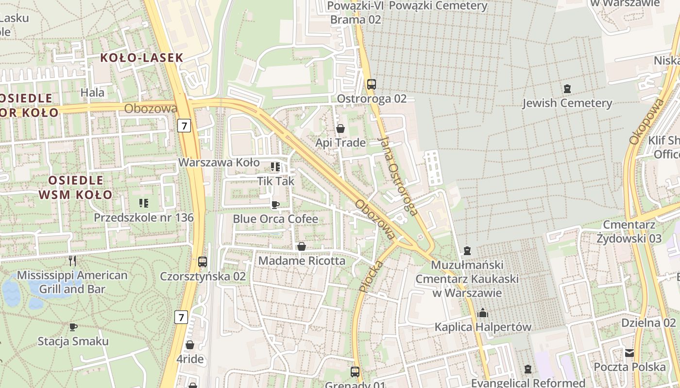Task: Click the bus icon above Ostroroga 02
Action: pyautogui.click(x=372, y=84)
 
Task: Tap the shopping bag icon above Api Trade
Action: pyautogui.click(x=340, y=129)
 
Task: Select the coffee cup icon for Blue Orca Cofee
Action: pyautogui.click(x=275, y=205)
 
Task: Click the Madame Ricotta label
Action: pyautogui.click(x=302, y=260)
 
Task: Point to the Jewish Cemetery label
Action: pyautogui.click(x=567, y=103)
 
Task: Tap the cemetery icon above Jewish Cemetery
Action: pyautogui.click(x=567, y=89)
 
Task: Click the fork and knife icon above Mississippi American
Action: pyautogui.click(x=72, y=261)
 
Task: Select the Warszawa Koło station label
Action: pyautogui.click(x=219, y=162)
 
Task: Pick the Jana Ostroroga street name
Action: pyautogui.click(x=397, y=176)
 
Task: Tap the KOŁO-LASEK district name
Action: pyautogui.click(x=142, y=58)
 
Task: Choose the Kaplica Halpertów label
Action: pyautogui.click(x=483, y=327)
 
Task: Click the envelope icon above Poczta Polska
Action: pyautogui.click(x=629, y=353)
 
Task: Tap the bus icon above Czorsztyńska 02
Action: pyautogui.click(x=203, y=262)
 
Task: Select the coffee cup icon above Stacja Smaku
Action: pyautogui.click(x=73, y=327)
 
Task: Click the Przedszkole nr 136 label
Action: pyautogui.click(x=144, y=217)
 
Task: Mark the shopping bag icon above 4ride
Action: pyautogui.click(x=190, y=345)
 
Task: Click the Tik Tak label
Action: pyautogui.click(x=276, y=181)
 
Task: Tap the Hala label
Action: pyautogui.click(x=92, y=92)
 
